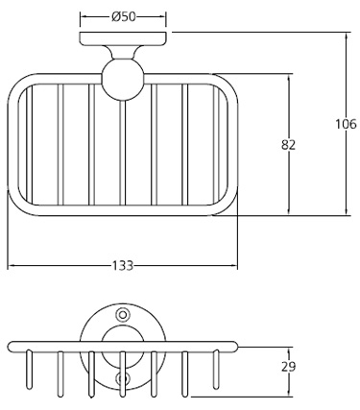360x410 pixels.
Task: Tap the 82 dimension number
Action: [289, 144]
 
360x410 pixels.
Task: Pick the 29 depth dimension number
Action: [289, 367]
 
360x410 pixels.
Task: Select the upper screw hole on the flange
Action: [122, 315]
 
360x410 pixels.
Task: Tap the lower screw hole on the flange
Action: [122, 380]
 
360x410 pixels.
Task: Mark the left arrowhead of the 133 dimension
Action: [11, 265]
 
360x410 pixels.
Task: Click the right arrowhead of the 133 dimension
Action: [235, 265]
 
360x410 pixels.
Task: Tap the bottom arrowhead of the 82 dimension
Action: [289, 211]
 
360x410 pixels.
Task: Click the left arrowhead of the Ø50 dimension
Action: [84, 16]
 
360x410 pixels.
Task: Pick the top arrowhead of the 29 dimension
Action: [289, 350]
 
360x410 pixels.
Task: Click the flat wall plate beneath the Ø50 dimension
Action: [124, 39]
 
